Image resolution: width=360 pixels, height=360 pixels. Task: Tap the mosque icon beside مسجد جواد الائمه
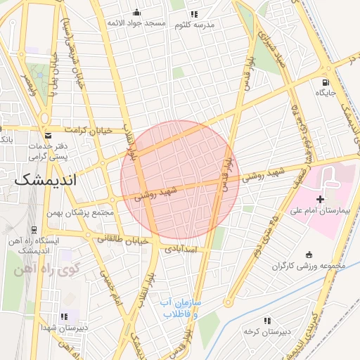136,12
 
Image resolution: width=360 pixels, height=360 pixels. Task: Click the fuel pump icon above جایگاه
325,80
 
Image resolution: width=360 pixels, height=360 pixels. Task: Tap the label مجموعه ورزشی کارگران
304,266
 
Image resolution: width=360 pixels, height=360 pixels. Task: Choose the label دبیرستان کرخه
262,330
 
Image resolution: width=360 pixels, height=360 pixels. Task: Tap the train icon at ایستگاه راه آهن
33,229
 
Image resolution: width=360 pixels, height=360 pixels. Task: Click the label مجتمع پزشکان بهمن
81,212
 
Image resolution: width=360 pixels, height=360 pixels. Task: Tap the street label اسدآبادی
184,249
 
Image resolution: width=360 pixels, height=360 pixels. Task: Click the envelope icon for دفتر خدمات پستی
48,134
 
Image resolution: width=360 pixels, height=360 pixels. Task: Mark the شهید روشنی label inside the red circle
155,193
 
